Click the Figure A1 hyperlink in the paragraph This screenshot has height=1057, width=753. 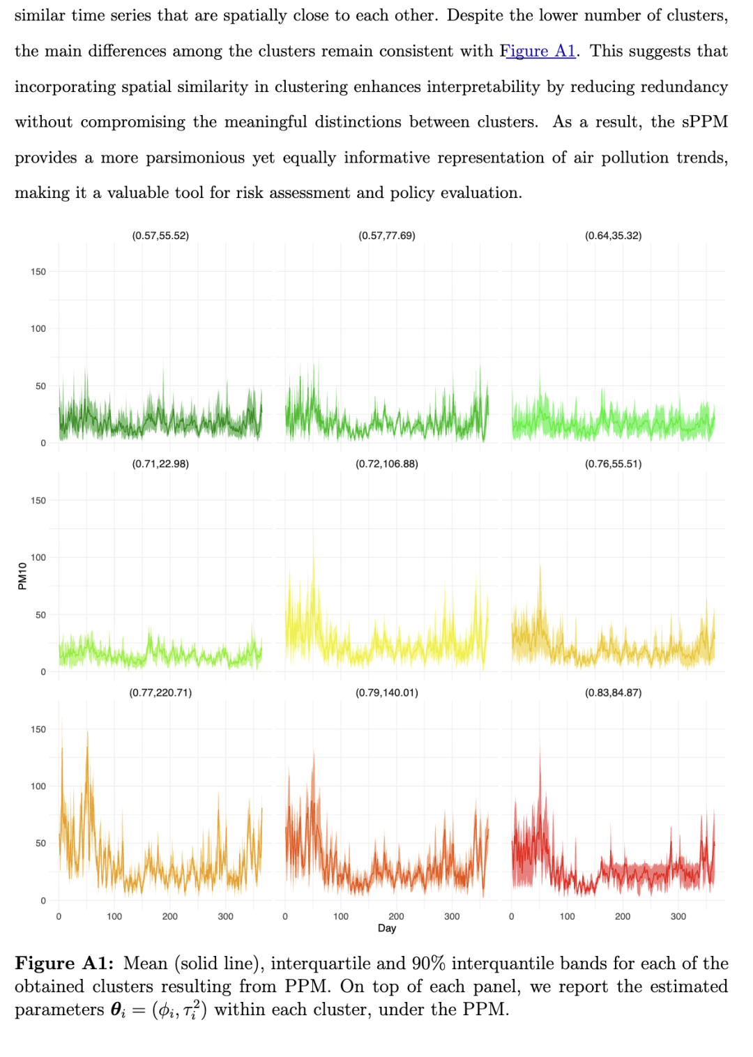coord(538,51)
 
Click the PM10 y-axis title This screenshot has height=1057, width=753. coord(22,576)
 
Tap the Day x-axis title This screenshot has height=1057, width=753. coord(387,928)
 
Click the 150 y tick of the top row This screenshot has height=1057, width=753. coord(38,272)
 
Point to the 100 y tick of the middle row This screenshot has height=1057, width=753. coord(38,558)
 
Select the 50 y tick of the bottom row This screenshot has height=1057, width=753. coord(41,844)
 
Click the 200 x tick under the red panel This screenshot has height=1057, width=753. coord(623,916)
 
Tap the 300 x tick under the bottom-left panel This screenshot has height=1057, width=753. coord(225,916)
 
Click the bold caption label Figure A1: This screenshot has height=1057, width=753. coord(64,964)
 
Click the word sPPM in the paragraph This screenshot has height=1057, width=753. coord(704,122)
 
